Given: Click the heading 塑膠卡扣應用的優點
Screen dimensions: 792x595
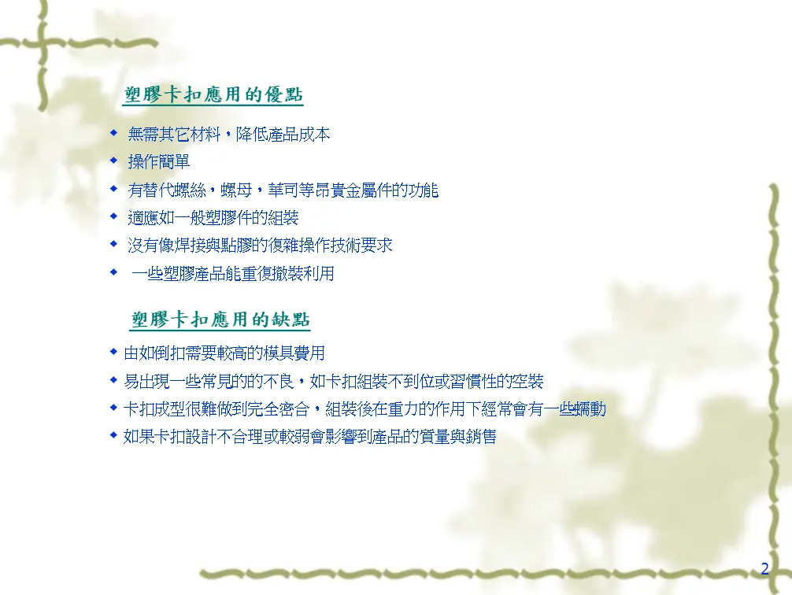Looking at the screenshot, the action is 213,94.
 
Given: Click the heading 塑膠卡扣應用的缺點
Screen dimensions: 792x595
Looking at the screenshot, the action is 220,320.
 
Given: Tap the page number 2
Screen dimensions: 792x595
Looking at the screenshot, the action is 764,569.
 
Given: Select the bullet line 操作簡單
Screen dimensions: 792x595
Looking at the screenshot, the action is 158,161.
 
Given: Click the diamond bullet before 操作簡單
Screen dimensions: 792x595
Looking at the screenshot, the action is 113,161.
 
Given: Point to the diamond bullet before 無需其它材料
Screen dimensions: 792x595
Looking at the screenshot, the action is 113,133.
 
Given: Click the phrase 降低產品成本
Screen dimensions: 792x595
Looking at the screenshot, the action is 283,135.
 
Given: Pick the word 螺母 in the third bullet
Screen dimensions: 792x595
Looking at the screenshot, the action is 236,190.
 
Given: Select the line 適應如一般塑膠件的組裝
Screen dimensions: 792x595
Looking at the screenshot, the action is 213,218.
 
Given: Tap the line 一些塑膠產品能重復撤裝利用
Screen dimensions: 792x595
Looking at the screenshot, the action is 233,273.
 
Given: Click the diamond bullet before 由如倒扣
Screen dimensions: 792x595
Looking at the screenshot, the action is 113,352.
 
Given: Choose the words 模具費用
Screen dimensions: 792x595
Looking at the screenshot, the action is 294,353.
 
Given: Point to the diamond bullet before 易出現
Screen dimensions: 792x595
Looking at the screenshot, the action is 113,379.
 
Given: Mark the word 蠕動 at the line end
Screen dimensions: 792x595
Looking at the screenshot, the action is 590,408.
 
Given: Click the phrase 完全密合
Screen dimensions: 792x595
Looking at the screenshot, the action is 279,408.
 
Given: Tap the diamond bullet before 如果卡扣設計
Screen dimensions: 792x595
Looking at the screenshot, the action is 113,435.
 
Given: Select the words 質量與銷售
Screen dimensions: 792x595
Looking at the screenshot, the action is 457,436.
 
